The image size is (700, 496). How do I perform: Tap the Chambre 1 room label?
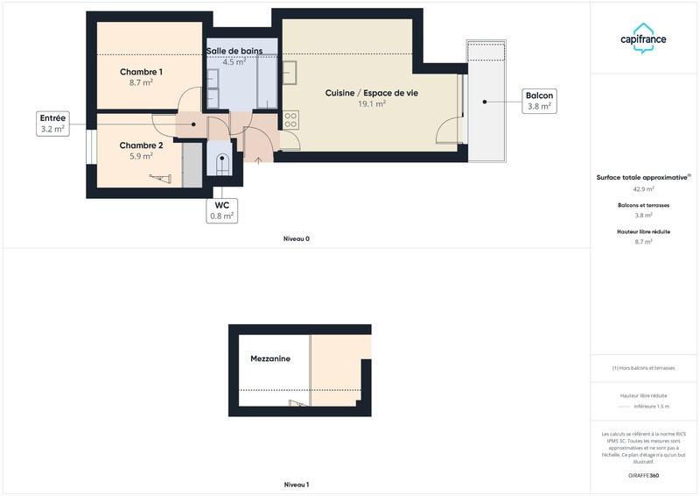[141, 72]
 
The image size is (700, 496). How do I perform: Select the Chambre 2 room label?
[141, 145]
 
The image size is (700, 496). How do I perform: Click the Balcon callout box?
[539, 101]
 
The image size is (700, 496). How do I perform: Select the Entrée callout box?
[52, 123]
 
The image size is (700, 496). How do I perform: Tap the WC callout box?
[222, 209]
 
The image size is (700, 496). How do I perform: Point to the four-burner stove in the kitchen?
[291, 119]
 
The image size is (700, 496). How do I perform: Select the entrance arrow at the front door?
[258, 160]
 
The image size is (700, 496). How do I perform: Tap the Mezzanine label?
[270, 359]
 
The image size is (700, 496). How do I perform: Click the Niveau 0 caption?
[296, 238]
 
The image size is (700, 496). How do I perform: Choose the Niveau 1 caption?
[296, 485]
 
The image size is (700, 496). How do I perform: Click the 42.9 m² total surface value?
[643, 188]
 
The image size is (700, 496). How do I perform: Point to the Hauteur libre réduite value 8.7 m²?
[643, 242]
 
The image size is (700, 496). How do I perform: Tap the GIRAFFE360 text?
[643, 475]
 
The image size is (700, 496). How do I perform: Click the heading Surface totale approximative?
[643, 177]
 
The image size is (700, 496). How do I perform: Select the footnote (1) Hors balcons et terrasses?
[643, 368]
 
